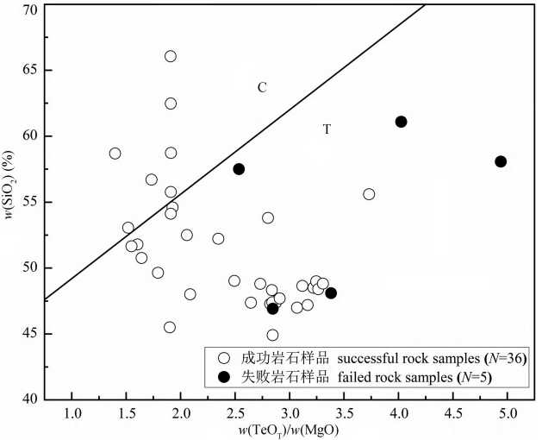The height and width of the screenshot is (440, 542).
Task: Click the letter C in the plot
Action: pos(262,87)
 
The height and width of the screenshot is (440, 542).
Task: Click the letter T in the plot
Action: pos(327,129)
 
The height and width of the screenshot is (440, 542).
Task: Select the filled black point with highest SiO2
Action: pos(401,122)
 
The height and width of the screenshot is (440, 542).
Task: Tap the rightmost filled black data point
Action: pos(501,161)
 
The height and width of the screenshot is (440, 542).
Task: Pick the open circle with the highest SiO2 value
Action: pos(171,56)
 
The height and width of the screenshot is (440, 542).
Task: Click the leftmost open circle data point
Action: pos(115,154)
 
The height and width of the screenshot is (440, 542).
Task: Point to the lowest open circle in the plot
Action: pos(272,335)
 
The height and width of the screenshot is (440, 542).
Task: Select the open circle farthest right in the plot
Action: pos(369,194)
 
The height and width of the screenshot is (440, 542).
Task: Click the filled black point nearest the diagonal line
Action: pos(239,169)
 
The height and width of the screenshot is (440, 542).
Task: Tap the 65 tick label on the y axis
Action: pos(29,71)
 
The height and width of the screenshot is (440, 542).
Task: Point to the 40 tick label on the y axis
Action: pos(29,399)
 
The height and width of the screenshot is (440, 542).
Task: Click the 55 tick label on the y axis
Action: pos(29,203)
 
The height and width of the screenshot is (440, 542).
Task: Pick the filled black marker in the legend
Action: pos(225,376)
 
